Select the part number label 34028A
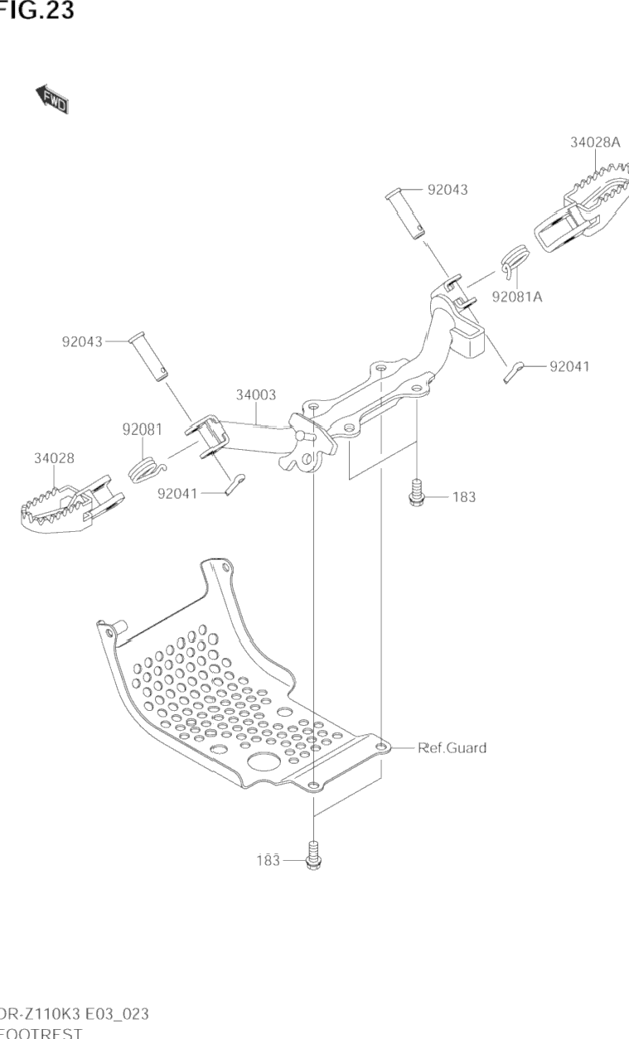(594, 143)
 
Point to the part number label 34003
(256, 395)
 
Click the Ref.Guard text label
(452, 747)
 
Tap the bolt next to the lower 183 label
(314, 856)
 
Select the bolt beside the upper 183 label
(414, 493)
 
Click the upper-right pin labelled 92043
(405, 213)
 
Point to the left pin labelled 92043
(148, 356)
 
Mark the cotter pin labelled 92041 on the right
(515, 371)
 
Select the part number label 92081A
(516, 296)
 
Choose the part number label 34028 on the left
(54, 458)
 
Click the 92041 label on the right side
(569, 365)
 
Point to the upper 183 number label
(464, 497)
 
